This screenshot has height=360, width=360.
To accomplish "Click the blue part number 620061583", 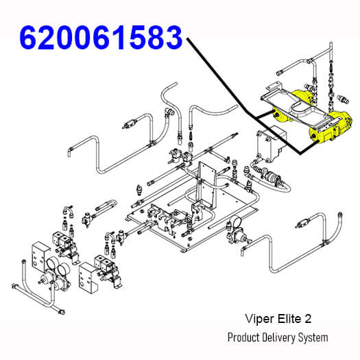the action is [x=101, y=38].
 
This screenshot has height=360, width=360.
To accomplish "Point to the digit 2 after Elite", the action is [x=308, y=319].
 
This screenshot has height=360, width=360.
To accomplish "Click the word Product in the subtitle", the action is [x=243, y=338].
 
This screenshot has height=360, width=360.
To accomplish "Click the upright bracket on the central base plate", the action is [x=206, y=186].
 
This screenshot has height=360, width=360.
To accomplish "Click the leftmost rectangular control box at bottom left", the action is [x=40, y=257].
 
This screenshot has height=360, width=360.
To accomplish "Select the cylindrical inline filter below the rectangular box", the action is [x=272, y=177].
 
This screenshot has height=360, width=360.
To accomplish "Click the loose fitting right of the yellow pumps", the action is [x=343, y=99].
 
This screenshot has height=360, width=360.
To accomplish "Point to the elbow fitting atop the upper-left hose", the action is [x=169, y=112].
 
